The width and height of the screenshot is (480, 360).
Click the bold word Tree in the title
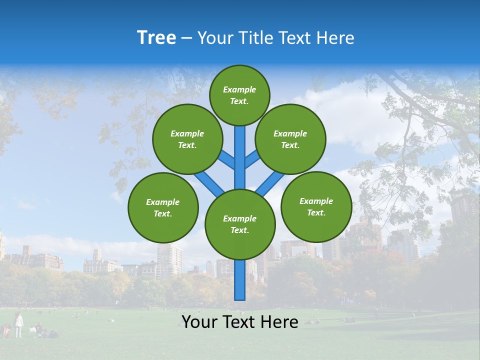(x=156, y=38)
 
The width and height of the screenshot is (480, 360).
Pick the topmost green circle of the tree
(x=239, y=95)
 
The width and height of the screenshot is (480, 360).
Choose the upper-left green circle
(x=187, y=139)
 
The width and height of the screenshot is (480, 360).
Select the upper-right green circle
(x=290, y=139)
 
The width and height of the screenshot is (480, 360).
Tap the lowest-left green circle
(x=163, y=207)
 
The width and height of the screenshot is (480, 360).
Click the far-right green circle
(x=316, y=206)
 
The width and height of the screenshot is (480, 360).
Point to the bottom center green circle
(x=240, y=224)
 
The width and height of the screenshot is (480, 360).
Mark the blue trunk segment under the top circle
(x=240, y=155)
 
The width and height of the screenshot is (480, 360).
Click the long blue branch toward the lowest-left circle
(x=209, y=182)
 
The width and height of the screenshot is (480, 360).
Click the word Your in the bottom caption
(x=199, y=322)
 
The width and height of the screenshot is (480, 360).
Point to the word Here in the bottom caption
(x=280, y=322)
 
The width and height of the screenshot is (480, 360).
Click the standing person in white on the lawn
(x=18, y=325)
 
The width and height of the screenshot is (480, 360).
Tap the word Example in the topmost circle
(x=239, y=89)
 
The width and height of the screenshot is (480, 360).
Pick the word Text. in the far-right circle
(x=316, y=212)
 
